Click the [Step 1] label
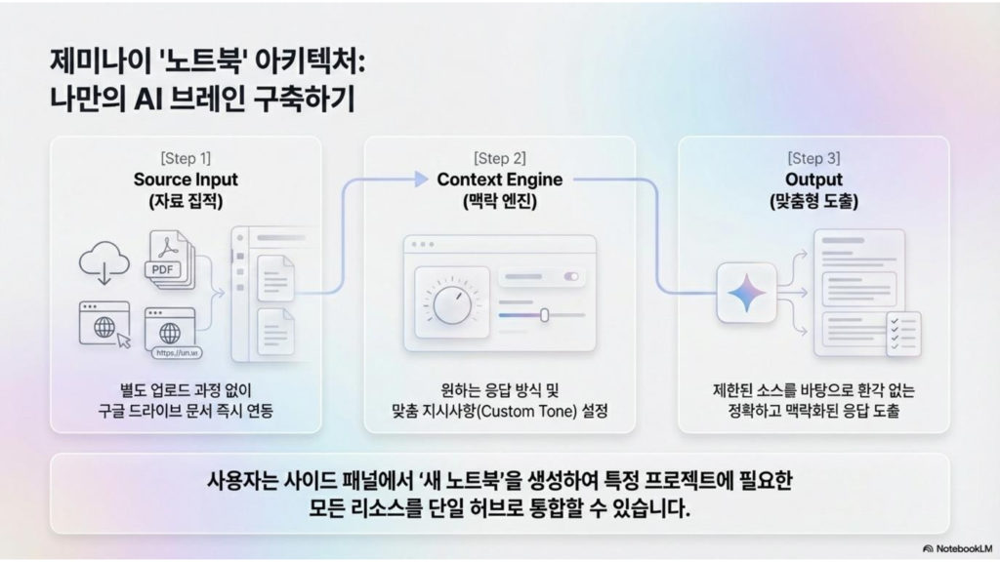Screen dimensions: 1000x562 [186, 158]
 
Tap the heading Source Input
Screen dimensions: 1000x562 [186, 180]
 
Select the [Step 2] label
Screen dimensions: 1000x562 [499, 158]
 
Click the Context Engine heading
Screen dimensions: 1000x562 [499, 180]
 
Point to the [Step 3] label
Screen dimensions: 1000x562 [813, 158]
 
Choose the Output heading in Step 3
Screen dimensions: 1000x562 [813, 180]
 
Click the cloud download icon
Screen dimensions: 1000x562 [104, 262]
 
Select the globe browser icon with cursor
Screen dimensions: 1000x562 [104, 325]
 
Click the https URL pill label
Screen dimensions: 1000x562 [177, 353]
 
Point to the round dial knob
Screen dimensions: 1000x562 [452, 304]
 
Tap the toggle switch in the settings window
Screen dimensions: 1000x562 [570, 276]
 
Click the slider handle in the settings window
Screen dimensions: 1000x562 [544, 315]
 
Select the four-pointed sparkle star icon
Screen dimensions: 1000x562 [747, 293]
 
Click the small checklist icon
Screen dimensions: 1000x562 [903, 334]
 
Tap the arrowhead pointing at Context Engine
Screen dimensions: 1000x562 [421, 180]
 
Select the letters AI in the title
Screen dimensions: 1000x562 [146, 100]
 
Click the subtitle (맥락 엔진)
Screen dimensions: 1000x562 [499, 201]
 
